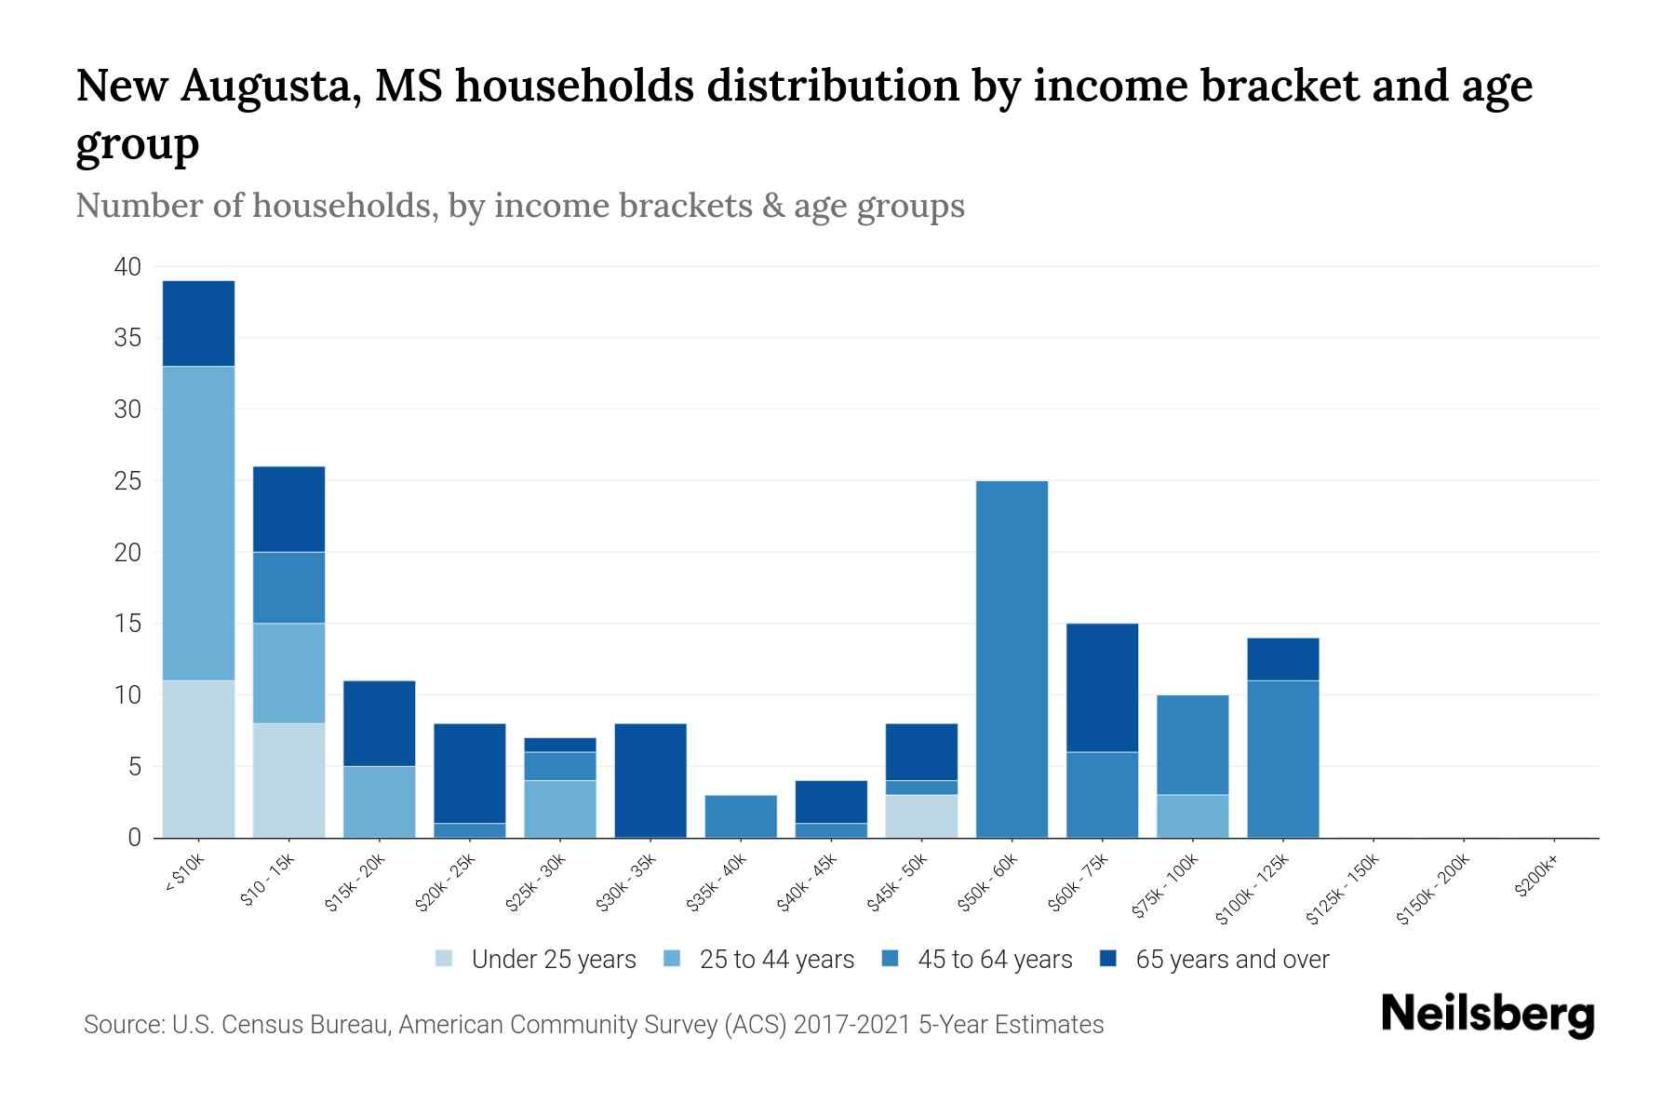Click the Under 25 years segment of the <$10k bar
point(198,759)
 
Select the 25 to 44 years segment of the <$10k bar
point(198,523)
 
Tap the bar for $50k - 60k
point(1012,659)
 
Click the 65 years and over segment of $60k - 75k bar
point(1102,687)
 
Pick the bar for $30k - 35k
point(650,780)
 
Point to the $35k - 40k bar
point(741,816)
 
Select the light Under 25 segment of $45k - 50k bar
point(921,816)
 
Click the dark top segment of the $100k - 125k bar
point(1282,659)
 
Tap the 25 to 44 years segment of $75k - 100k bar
point(1192,816)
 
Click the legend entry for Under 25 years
point(553,960)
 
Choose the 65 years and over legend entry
point(1231,960)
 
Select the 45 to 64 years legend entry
point(994,960)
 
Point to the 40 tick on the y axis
point(127,267)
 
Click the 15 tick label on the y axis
point(128,624)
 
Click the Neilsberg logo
point(1487,1014)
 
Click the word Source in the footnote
point(122,1025)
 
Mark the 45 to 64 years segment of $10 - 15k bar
point(289,587)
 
